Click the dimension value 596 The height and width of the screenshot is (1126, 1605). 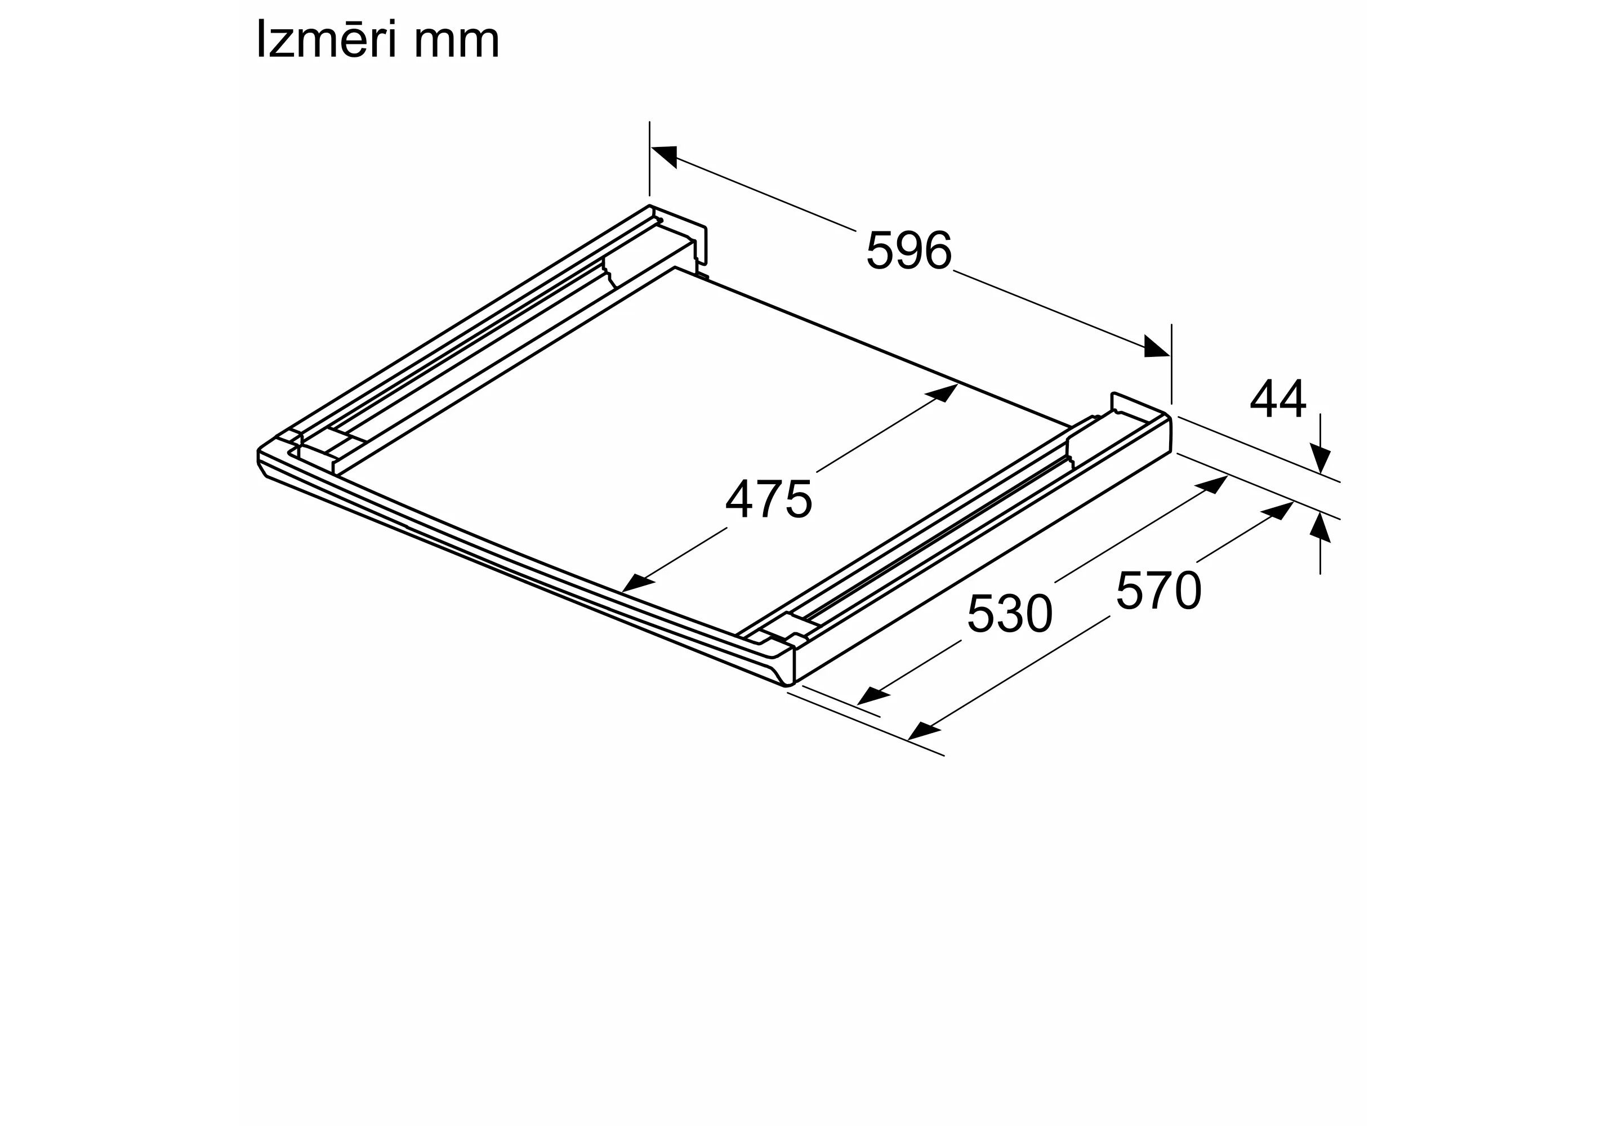[x=909, y=250]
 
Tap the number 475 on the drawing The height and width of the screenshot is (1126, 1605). [x=769, y=499]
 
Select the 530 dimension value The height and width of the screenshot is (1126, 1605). [x=1009, y=613]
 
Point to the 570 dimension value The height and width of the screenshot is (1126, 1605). [x=1158, y=591]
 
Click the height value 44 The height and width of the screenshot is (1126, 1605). [x=1277, y=399]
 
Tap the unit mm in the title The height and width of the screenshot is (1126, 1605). [x=457, y=43]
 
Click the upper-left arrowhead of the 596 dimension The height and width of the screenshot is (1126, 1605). [x=664, y=156]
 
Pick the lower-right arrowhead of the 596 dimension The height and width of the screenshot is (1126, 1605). [x=1156, y=347]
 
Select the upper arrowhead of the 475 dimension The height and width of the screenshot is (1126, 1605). [x=942, y=393]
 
